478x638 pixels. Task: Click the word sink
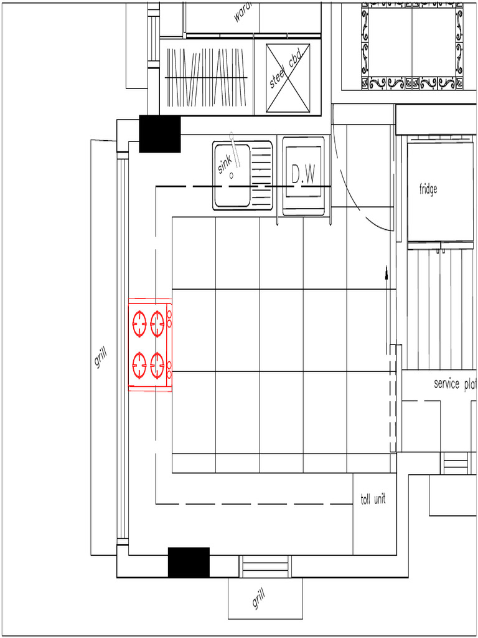coord(225,164)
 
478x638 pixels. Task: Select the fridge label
coord(428,189)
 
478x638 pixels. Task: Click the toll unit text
coord(373,499)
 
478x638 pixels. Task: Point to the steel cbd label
coord(286,69)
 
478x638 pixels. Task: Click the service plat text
coord(455,384)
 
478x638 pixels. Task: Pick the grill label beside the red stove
coord(101,358)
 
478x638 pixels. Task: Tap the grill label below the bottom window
coord(259,599)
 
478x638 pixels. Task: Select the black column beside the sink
coord(159,134)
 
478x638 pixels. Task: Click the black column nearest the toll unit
coord(189,562)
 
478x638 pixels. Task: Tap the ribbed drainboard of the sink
coord(262,174)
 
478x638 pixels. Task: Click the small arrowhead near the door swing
coord(387,272)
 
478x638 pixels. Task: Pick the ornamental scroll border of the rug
coord(411,83)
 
